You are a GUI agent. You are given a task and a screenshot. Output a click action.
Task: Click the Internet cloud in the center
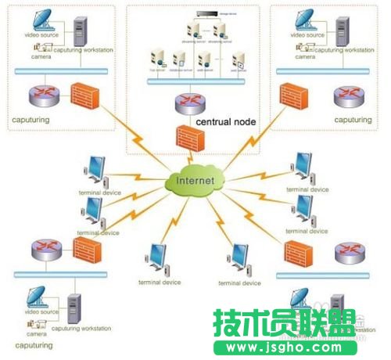tap(195, 182)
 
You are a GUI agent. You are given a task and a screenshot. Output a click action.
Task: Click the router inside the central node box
tap(188, 103)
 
